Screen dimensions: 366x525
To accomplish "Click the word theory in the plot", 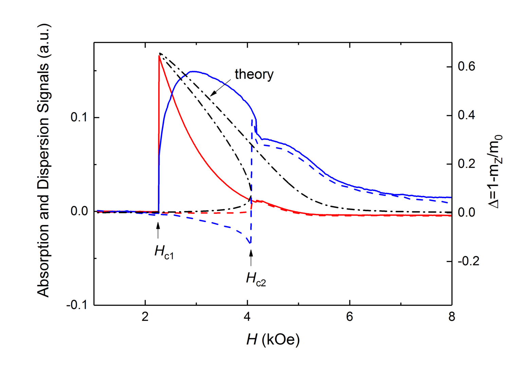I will (x=254, y=74).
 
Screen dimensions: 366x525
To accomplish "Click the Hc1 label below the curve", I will (x=164, y=252).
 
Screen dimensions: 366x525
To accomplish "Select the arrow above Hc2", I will (x=251, y=258).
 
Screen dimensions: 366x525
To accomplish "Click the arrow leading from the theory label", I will (x=221, y=87).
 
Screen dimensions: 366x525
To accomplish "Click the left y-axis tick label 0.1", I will (x=79, y=118).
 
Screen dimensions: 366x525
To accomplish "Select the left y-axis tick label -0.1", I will (x=77, y=305).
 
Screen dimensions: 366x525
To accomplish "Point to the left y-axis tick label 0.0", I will (x=79, y=211).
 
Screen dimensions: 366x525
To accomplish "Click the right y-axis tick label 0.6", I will (x=467, y=67).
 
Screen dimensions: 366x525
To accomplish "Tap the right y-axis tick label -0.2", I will (x=469, y=262).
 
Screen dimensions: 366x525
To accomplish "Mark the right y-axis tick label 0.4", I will (x=467, y=116).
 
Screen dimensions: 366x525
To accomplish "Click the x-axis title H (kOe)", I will (x=273, y=339).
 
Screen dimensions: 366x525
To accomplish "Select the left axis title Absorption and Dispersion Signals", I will (x=43, y=161).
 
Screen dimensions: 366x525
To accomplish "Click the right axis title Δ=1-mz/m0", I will (x=496, y=171).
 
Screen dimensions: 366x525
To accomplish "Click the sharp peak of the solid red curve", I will (x=159, y=56).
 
